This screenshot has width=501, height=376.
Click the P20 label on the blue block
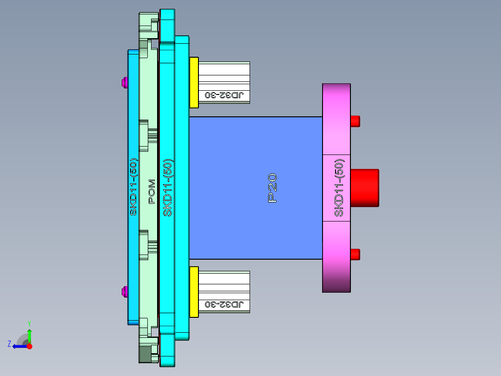[273, 188]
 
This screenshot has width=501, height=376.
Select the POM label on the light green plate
[152, 191]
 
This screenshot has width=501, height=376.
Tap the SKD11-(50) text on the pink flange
[339, 188]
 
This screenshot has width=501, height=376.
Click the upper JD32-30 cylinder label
[224, 95]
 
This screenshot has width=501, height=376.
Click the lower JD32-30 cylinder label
[224, 305]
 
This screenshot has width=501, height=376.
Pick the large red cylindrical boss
[364, 188]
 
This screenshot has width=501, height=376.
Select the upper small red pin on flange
[355, 121]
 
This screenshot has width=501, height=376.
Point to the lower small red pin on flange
[355, 255]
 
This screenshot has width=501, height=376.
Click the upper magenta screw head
[124, 83]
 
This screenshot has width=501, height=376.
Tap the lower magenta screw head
[124, 292]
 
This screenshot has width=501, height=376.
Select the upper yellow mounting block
[194, 82]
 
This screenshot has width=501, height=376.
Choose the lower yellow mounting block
[194, 291]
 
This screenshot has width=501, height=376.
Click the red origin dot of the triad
[29, 346]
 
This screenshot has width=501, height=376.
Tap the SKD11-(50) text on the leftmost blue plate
[133, 188]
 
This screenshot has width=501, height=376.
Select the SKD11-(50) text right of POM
[168, 188]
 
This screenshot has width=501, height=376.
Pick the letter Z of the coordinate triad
[9, 344]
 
